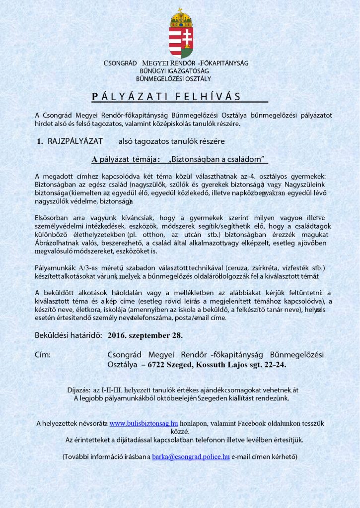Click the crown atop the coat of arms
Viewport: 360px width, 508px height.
[x=181, y=18]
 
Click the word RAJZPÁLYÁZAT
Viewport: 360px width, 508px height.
[x=75, y=141]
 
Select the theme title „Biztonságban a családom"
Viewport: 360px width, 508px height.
[x=218, y=159]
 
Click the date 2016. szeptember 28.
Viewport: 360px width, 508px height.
[x=145, y=335]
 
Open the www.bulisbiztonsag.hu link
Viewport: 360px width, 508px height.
[x=144, y=423]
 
